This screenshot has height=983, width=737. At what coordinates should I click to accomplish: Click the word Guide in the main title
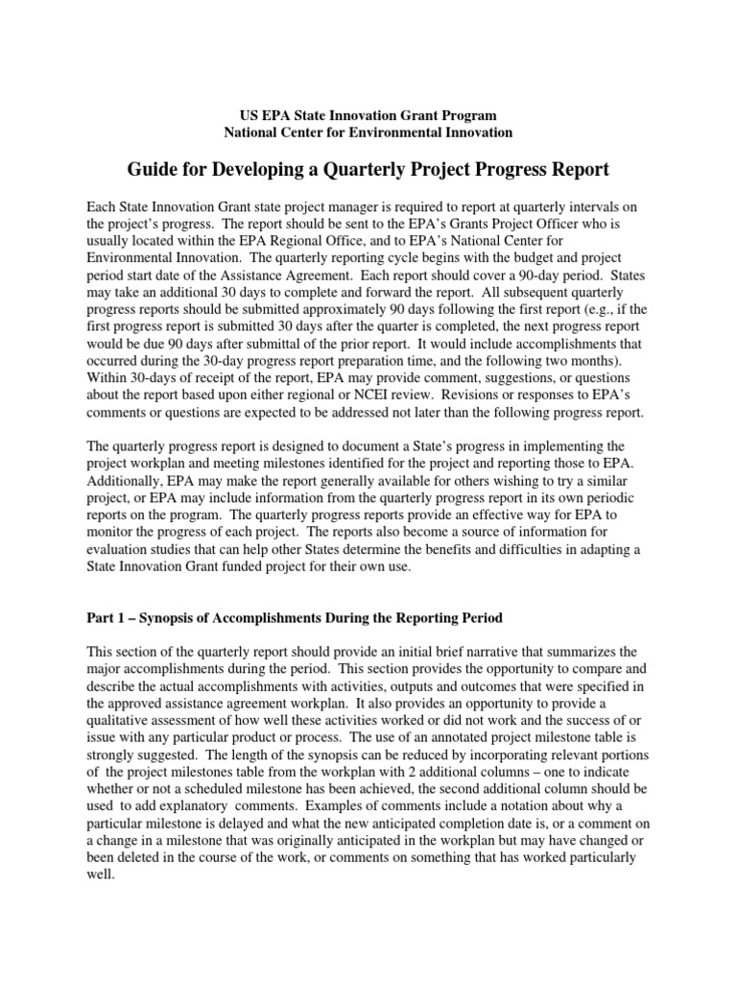click(x=155, y=170)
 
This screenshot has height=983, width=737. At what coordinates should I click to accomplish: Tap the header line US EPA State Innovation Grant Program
click(x=368, y=115)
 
